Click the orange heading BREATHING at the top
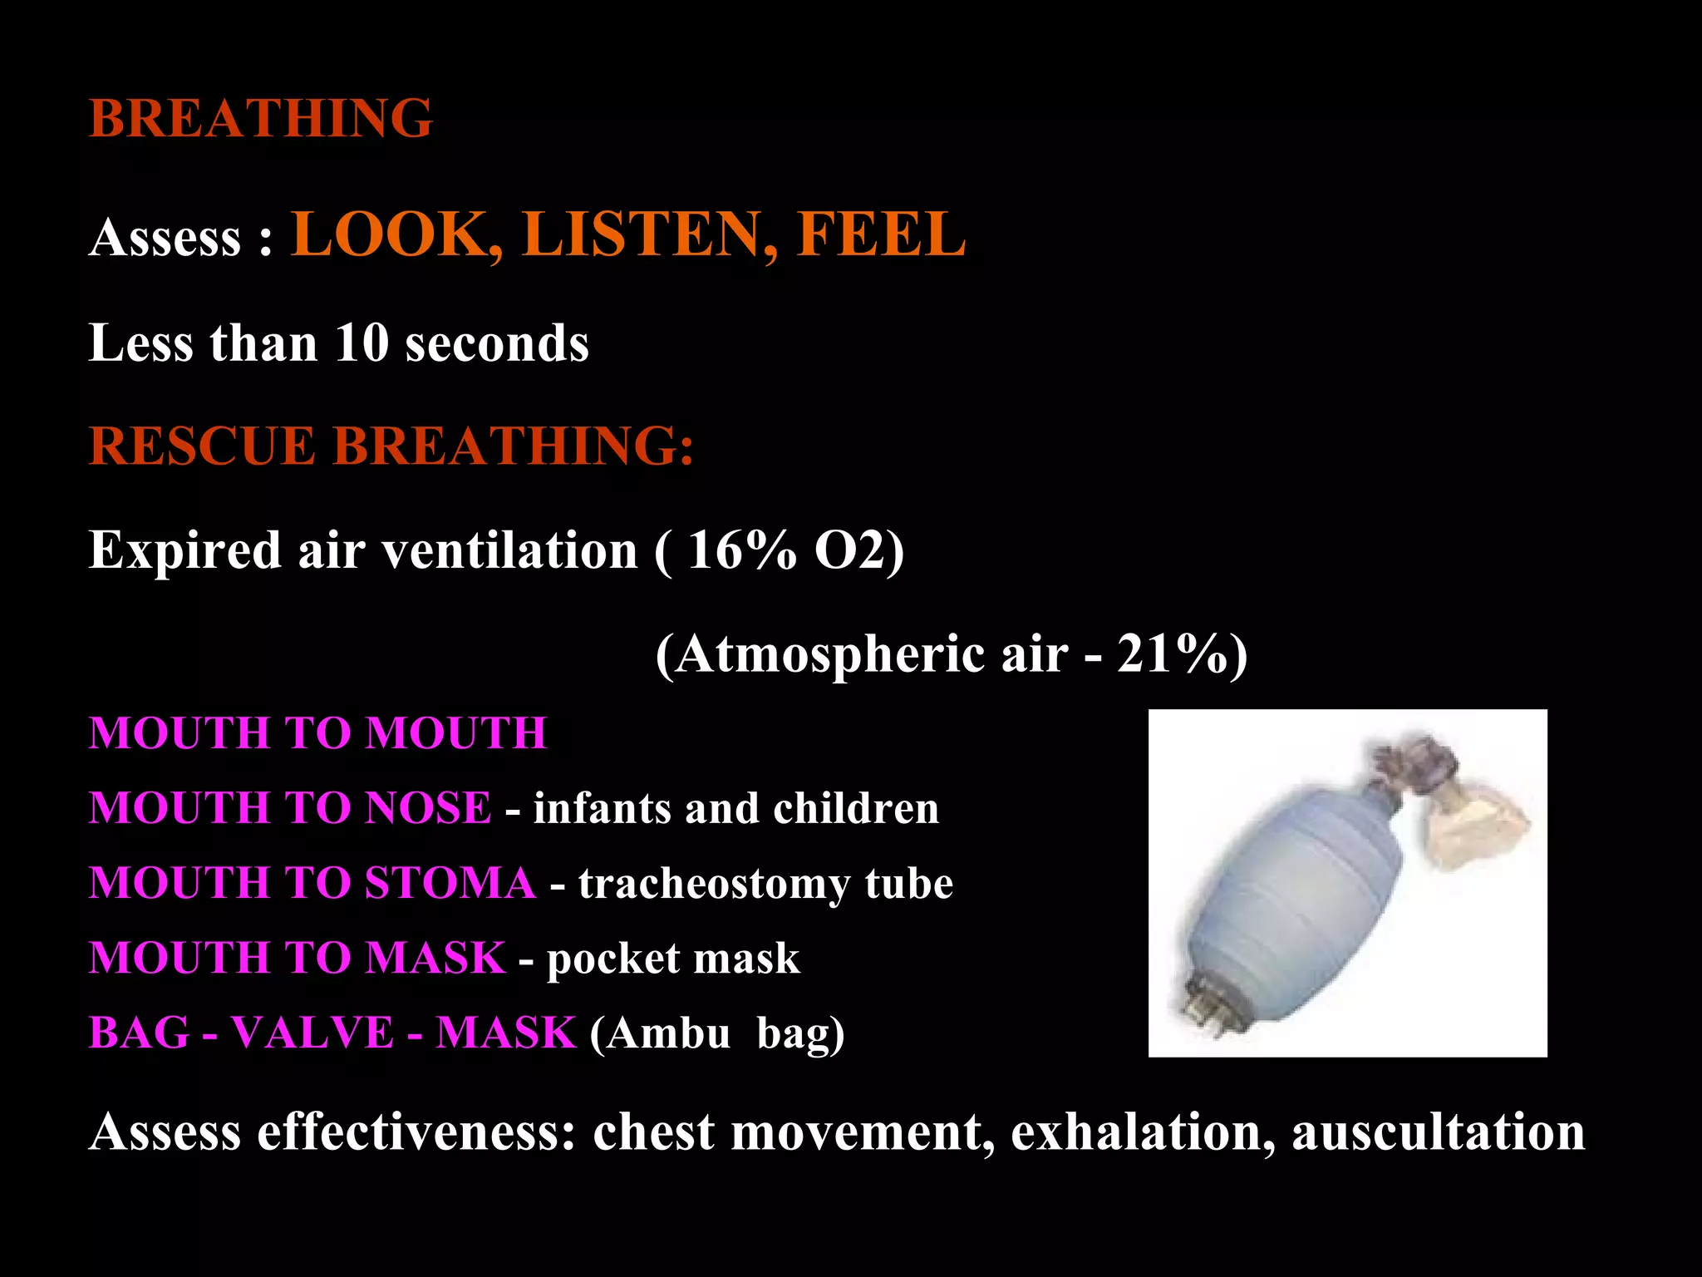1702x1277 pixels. point(260,118)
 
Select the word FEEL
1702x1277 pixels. point(881,234)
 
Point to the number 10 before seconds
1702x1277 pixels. point(362,343)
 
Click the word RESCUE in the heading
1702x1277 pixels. point(202,446)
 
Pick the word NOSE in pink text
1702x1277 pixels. point(428,808)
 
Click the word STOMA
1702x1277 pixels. point(450,883)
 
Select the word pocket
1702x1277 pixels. point(612,959)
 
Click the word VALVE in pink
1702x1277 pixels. point(312,1033)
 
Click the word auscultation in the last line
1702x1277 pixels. point(1439,1132)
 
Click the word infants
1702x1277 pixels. point(602,808)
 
